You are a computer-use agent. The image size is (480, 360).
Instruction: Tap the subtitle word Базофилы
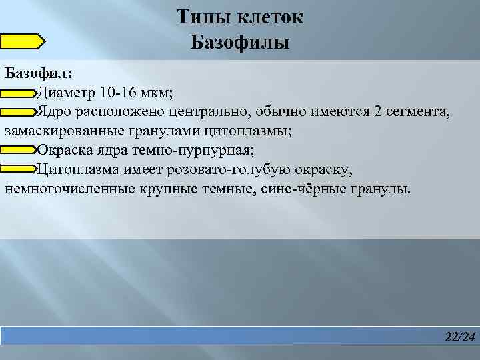(x=240, y=43)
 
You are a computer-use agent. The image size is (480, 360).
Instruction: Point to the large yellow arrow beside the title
(x=22, y=41)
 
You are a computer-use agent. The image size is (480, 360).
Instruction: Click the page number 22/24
(x=460, y=338)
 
